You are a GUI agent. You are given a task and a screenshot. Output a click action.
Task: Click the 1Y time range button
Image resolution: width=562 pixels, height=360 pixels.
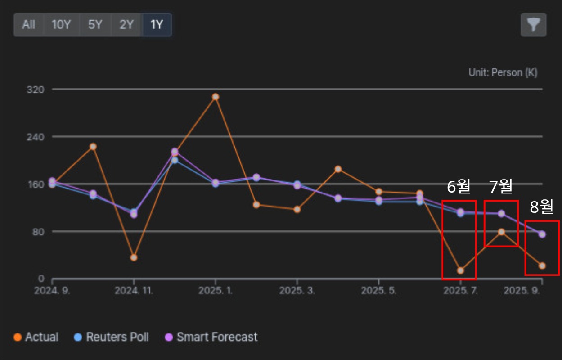tap(157, 25)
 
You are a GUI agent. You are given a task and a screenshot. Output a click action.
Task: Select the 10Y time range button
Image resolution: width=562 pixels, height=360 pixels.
tap(62, 25)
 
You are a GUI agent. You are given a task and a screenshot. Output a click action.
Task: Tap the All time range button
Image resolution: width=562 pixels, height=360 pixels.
tap(29, 25)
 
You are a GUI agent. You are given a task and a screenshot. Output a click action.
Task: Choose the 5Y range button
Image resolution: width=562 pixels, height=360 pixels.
tap(95, 25)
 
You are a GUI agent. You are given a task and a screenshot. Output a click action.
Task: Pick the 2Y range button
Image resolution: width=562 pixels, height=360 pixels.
tap(127, 25)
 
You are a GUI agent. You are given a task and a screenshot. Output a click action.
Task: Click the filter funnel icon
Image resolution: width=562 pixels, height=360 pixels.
tap(533, 25)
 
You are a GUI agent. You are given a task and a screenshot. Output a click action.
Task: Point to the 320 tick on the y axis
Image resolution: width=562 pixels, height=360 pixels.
tap(36, 90)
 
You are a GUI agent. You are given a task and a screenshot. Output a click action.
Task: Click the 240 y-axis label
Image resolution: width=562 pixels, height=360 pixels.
tap(36, 137)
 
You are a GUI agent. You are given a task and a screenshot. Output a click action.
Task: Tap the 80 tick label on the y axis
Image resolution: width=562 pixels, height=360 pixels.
tap(38, 232)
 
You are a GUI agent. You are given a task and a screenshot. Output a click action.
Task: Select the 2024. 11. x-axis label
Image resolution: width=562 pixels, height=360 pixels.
tap(134, 291)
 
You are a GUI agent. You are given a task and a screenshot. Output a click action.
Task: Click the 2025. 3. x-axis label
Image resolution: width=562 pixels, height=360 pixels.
tap(297, 291)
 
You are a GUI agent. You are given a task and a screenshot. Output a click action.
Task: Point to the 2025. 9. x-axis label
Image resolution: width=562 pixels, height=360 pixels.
tap(522, 291)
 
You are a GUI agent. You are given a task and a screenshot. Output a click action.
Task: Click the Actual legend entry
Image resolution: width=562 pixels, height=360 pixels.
tap(36, 337)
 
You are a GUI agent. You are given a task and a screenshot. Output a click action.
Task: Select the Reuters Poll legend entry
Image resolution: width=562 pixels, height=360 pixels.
tap(112, 337)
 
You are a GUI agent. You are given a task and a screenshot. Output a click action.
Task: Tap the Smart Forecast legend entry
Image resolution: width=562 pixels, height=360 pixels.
tap(211, 337)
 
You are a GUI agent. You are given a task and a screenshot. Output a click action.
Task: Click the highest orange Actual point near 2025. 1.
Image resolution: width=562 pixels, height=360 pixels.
tap(215, 97)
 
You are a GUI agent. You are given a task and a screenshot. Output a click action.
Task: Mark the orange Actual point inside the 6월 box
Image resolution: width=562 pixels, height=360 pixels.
tap(460, 270)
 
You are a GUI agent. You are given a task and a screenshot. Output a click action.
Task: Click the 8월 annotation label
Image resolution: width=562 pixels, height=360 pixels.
tap(542, 207)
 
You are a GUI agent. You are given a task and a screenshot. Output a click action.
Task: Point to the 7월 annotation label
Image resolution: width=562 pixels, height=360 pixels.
tap(501, 186)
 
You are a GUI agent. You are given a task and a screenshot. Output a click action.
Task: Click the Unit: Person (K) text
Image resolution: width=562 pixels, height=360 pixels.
tap(503, 73)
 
